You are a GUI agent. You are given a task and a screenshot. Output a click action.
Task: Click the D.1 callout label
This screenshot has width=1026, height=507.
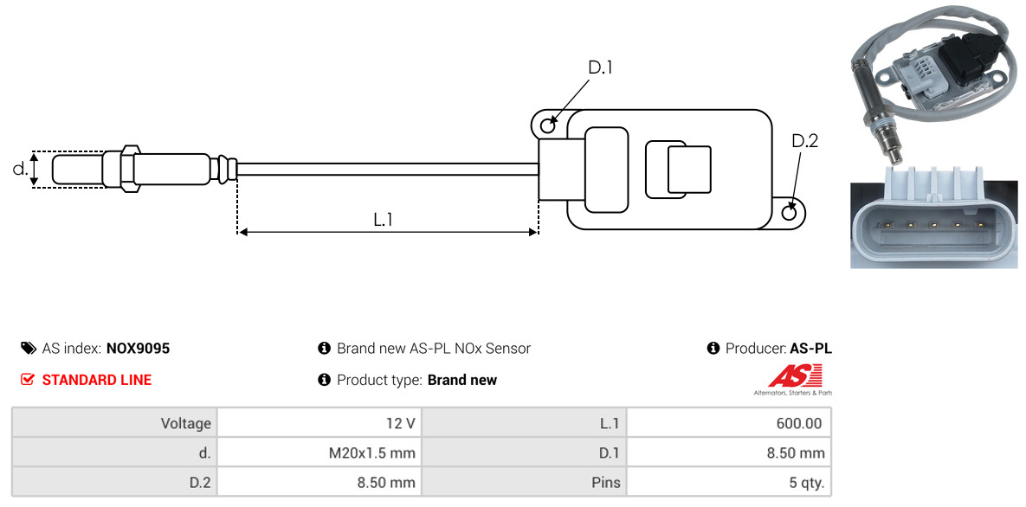click(599, 67)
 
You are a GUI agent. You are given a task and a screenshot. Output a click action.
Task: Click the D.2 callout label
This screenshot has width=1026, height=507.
click(804, 141)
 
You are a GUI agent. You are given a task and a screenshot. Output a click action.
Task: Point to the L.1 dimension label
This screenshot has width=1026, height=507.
click(383, 220)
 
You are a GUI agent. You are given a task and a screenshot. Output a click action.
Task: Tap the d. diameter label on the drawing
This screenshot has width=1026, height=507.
click(20, 169)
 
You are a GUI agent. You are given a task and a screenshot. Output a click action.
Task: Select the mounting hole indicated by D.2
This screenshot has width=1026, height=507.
click(790, 212)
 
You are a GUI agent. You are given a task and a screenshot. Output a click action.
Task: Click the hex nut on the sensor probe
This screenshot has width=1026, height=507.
click(129, 169)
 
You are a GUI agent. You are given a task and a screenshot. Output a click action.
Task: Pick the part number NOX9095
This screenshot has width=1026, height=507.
click(138, 348)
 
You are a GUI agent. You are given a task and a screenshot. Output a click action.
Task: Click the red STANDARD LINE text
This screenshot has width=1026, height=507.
click(97, 380)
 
